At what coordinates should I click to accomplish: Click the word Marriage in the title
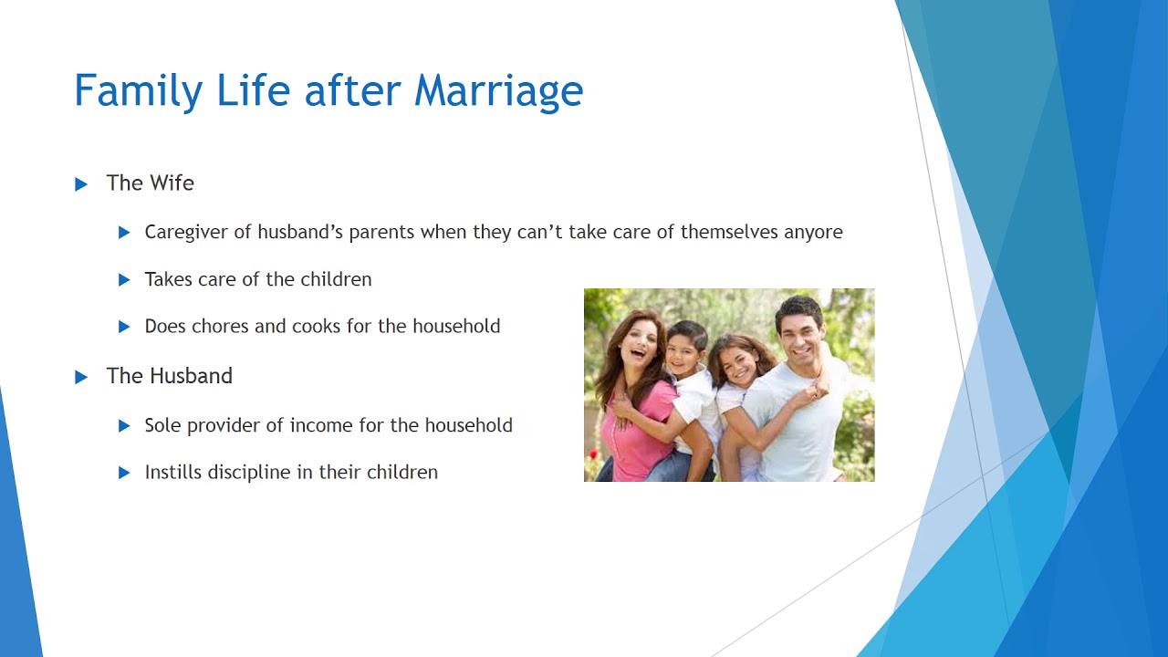point(498,91)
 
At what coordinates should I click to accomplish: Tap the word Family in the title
point(138,91)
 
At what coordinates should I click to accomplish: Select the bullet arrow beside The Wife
point(81,184)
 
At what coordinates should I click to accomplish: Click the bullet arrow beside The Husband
point(81,377)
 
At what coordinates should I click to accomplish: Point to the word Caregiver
point(186,233)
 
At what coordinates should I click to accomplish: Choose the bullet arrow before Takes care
point(124,280)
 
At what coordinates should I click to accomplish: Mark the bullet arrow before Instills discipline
point(124,473)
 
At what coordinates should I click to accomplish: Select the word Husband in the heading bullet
point(191,376)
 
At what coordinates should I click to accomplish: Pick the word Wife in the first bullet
point(172,183)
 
